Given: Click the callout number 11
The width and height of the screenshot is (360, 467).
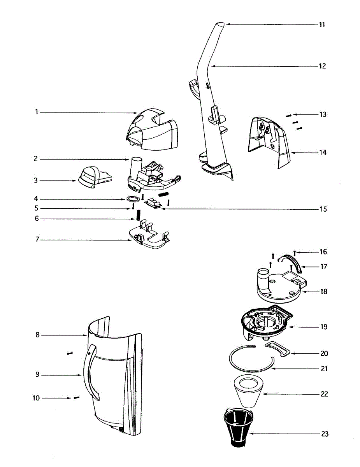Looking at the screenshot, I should pos(321,25).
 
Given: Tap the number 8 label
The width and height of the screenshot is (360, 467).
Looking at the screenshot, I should pos(38,335).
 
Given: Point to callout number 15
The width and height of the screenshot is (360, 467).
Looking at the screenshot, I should pos(323,209).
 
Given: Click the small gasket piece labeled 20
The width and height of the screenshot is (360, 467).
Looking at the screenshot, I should pos(281,348).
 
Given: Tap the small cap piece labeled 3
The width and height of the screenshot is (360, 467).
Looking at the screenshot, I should pos(93,177).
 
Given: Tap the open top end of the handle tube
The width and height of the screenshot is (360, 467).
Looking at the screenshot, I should pos(220,25).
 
